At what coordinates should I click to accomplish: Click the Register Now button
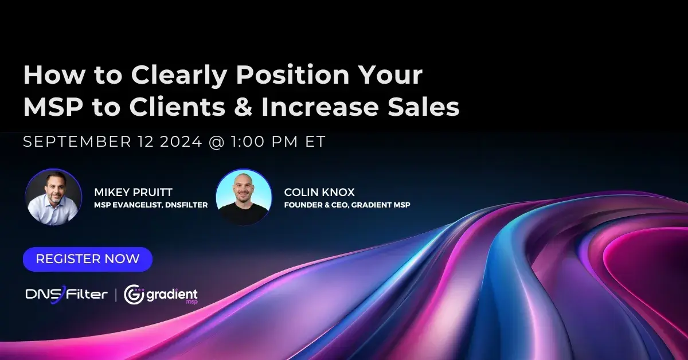point(88,259)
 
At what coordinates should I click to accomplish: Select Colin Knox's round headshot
point(244,197)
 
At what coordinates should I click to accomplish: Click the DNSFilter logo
point(67,294)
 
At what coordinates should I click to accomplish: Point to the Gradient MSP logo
point(161,294)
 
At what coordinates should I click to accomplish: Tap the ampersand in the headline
point(244,107)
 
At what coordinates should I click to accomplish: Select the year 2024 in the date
point(178,142)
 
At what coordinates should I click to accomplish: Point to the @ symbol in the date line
point(216,142)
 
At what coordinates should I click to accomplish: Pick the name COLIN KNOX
point(319,193)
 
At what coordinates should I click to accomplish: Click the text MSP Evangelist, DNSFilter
point(151,205)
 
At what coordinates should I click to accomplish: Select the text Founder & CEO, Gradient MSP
point(347,205)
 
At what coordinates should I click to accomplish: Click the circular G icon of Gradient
point(134,294)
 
